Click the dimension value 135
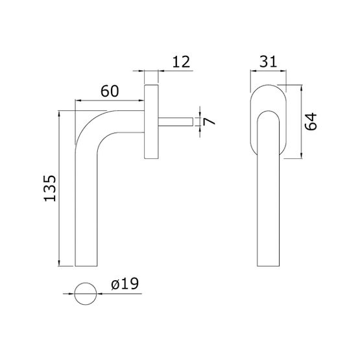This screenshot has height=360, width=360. (50, 189)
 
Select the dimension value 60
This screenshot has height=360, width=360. (110, 91)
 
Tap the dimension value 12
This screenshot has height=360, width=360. (181, 62)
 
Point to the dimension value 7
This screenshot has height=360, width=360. (209, 121)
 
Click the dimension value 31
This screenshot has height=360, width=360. (268, 62)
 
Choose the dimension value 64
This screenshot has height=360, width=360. (311, 121)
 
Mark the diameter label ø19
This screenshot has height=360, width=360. (125, 283)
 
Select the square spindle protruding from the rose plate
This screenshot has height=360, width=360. (176, 122)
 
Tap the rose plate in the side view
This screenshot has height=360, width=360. (151, 122)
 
